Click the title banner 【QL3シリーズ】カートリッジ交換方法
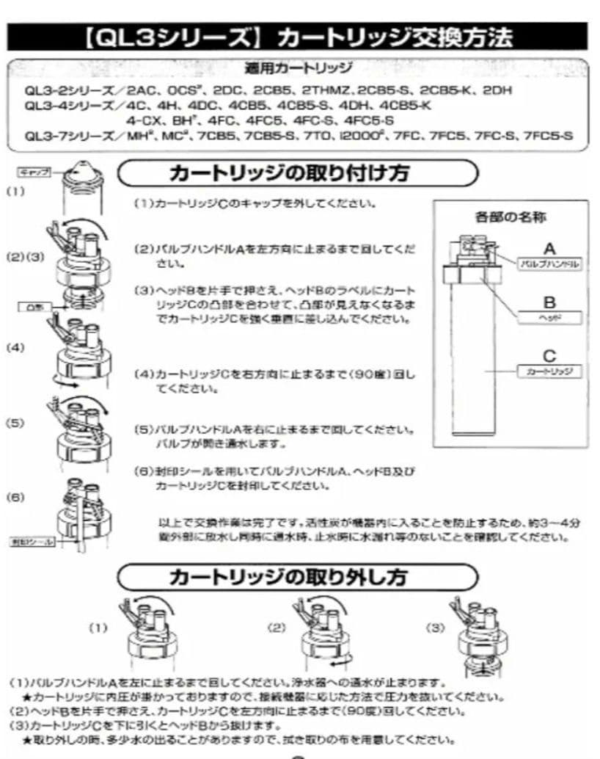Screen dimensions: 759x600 (x=300, y=37)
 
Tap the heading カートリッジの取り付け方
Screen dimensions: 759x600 (x=289, y=173)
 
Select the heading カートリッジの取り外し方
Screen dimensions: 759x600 (x=288, y=576)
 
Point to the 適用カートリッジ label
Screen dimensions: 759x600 (x=297, y=69)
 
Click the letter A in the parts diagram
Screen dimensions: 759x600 (x=549, y=248)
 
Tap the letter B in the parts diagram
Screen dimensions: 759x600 (x=549, y=302)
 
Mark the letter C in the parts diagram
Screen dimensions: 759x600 (x=549, y=356)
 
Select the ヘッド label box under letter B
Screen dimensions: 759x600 (x=549, y=317)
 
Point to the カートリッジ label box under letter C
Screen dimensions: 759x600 (x=549, y=371)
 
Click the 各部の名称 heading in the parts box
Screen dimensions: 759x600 (x=511, y=217)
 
